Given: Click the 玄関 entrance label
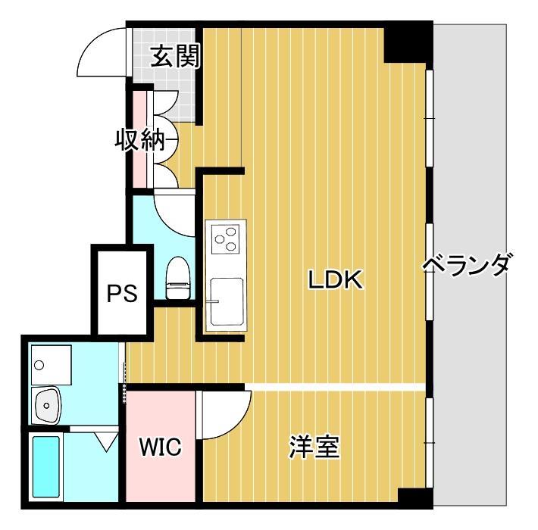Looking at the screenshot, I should [174, 57].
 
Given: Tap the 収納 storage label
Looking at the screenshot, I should [139, 140].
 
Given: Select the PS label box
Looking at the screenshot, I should [121, 293].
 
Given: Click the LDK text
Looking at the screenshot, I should [336, 280].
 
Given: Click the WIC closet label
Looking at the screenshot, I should [160, 447].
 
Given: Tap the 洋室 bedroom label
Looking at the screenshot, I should [313, 447].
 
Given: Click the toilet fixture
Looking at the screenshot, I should [177, 279].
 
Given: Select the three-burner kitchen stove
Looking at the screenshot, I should [226, 238].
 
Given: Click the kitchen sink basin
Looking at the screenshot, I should [225, 301].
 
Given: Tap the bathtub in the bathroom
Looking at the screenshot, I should [46, 466].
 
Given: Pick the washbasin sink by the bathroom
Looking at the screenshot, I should [48, 404].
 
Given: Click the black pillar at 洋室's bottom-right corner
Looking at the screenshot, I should [415, 497].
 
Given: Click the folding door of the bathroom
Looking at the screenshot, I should [104, 439].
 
